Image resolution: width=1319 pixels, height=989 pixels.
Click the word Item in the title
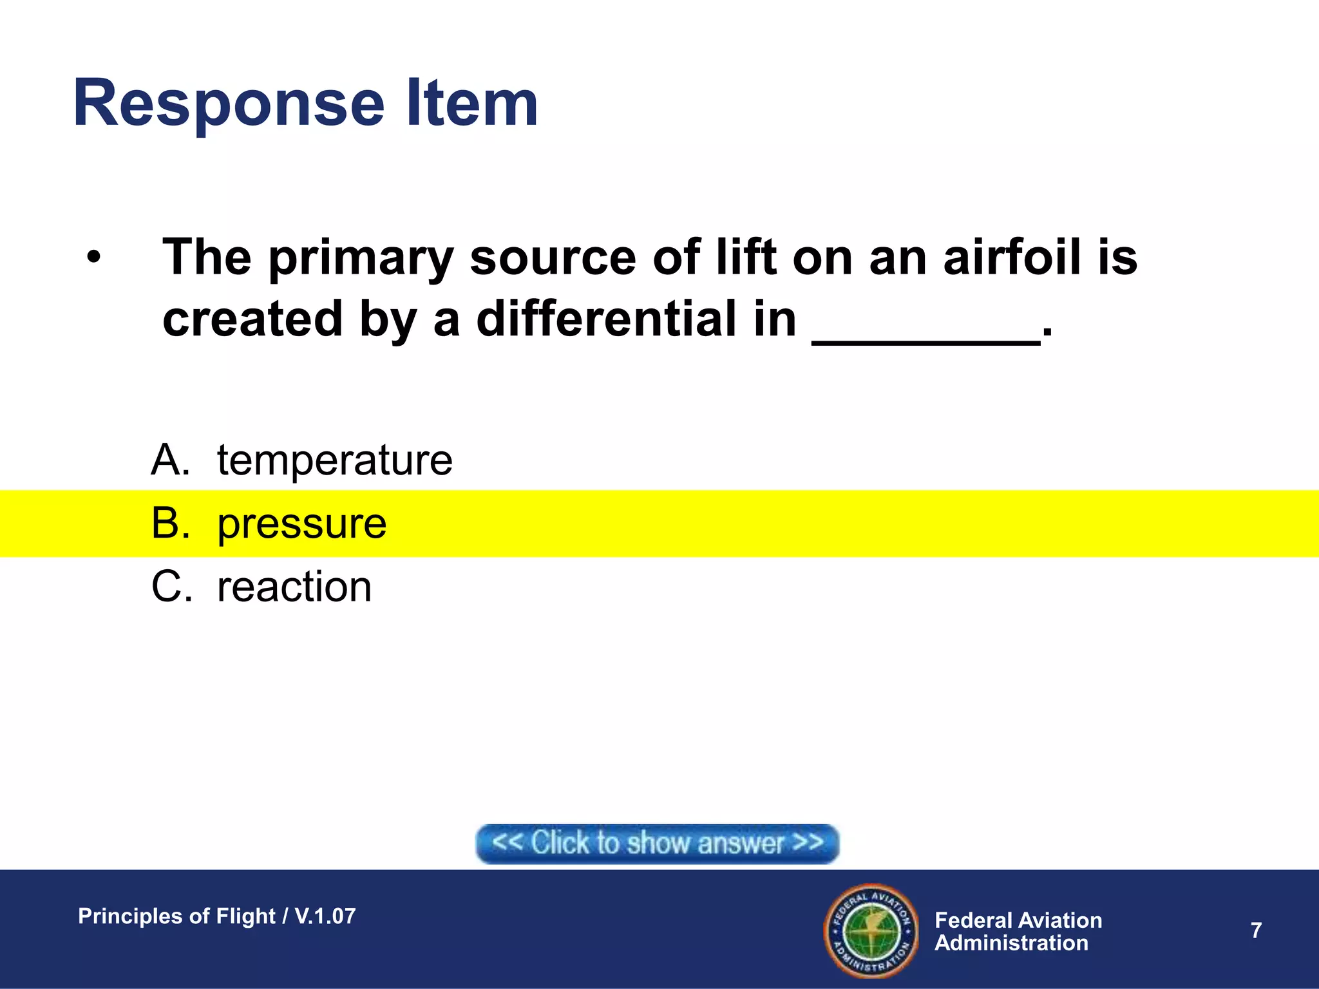coord(471,103)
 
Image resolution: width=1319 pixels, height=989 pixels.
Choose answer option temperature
coord(334,461)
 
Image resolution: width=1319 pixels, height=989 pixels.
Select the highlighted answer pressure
coord(301,524)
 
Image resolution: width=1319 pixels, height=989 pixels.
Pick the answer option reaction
coord(294,587)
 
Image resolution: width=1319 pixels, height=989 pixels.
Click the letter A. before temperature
coord(171,461)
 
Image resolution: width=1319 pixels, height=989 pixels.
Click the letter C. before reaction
coord(171,587)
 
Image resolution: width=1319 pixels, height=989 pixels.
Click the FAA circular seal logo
coord(871,930)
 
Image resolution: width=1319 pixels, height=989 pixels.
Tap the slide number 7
coord(1256,930)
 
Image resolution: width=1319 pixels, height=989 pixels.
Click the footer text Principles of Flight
coord(176,916)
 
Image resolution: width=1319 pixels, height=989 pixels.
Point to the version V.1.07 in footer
coord(325,916)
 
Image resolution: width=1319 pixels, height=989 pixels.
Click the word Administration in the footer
coord(1011,943)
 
